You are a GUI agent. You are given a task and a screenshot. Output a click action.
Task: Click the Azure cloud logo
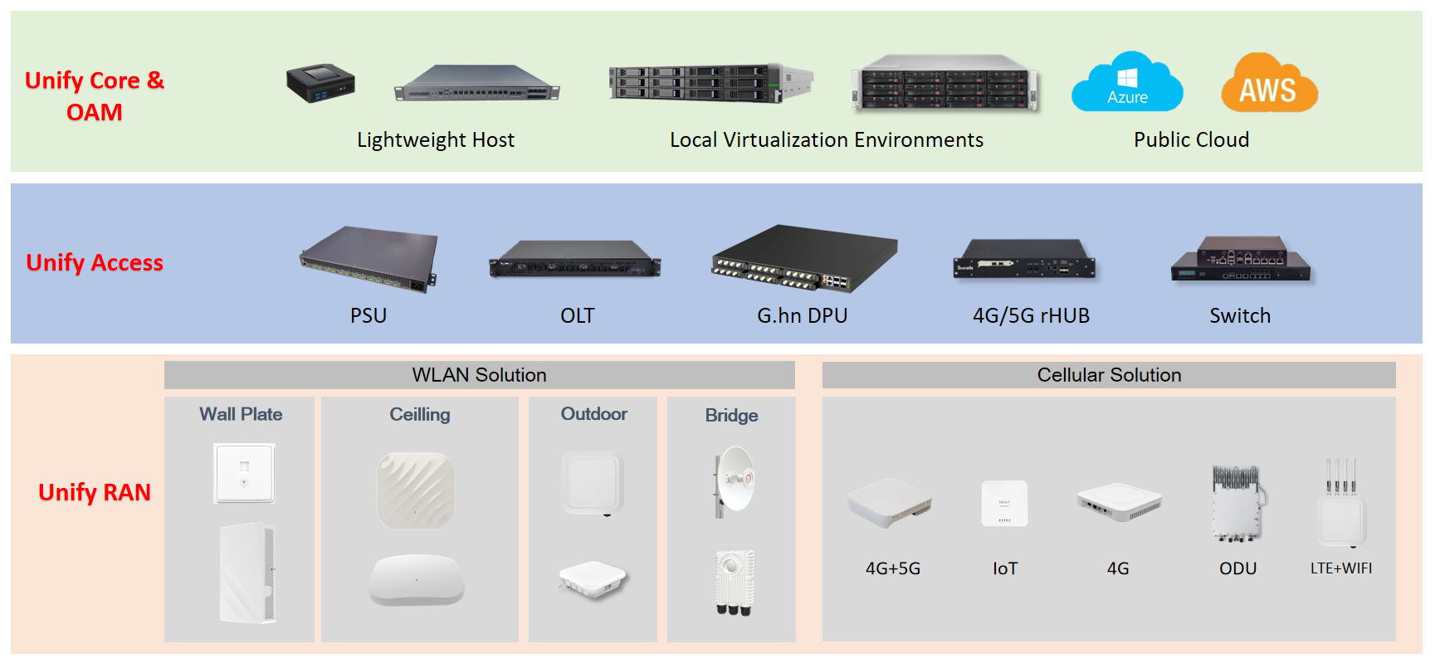click(x=1126, y=83)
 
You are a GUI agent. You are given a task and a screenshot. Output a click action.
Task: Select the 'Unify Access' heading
click(x=95, y=262)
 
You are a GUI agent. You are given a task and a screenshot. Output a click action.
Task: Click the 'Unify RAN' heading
click(x=95, y=492)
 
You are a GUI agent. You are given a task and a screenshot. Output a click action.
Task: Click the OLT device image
click(x=575, y=259)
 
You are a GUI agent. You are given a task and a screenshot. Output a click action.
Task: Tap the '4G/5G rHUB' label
click(x=1031, y=316)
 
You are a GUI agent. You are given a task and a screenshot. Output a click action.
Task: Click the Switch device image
click(x=1241, y=259)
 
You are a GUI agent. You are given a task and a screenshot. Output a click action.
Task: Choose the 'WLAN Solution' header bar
click(x=479, y=375)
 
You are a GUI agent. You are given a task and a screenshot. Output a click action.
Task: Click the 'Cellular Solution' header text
click(x=1109, y=375)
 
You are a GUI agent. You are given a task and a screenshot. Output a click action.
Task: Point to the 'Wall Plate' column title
click(x=241, y=414)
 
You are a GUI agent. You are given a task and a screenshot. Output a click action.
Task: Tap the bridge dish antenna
click(x=734, y=479)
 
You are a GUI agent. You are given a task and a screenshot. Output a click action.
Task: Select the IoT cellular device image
click(x=1004, y=503)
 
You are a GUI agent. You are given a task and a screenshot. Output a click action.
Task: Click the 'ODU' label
click(x=1237, y=568)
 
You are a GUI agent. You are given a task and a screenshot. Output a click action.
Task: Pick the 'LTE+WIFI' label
click(x=1340, y=568)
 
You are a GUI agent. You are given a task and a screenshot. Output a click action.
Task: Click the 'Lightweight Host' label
click(x=436, y=140)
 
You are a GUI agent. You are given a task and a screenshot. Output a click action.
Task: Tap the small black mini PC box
click(x=320, y=82)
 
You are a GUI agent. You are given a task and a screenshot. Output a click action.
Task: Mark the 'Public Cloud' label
click(x=1191, y=140)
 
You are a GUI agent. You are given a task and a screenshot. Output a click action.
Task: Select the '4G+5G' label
click(x=893, y=568)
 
